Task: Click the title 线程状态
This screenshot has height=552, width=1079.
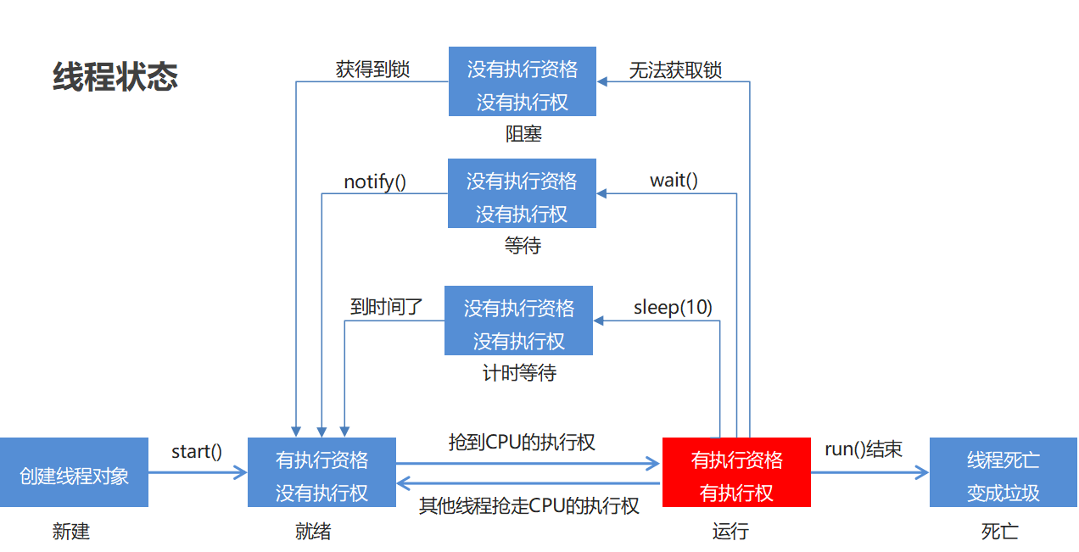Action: (115, 76)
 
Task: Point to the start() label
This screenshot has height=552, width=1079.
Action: (197, 451)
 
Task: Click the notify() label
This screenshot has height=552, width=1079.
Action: (375, 181)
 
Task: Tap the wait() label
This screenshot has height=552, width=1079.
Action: (674, 180)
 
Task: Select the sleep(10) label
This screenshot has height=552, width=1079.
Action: (673, 307)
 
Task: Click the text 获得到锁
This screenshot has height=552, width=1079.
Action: (372, 70)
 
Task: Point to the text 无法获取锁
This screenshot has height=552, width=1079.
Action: (675, 70)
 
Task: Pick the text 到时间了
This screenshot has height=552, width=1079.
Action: (387, 307)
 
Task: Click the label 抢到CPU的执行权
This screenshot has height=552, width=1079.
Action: (522, 442)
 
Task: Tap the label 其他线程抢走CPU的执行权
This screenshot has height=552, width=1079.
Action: (529, 506)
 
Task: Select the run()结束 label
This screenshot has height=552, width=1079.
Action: (864, 449)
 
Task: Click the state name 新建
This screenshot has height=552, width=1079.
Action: (71, 532)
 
